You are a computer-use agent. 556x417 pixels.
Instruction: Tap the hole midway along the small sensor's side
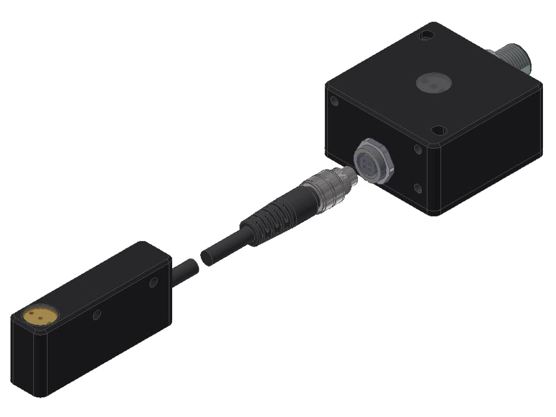tap(97, 314)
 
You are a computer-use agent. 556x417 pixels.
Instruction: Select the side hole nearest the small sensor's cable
tap(154, 281)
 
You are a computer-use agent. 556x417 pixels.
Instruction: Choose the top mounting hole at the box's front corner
tap(439, 130)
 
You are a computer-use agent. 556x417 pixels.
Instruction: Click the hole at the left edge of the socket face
tap(334, 102)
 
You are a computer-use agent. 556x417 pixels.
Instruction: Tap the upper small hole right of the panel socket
tap(418, 149)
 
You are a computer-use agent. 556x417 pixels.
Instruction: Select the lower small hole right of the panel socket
tap(418, 188)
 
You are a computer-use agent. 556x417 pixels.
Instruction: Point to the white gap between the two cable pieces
tap(198, 259)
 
